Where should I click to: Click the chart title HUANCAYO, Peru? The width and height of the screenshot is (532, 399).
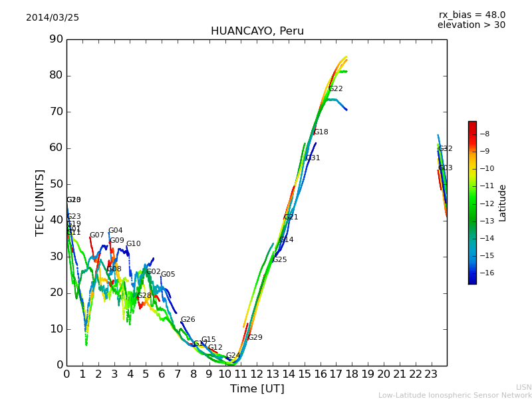[257, 31]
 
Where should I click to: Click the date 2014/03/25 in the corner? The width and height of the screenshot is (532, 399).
[53, 18]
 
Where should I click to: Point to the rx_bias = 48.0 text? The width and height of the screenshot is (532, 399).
[471, 15]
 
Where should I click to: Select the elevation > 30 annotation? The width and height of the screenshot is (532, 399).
[471, 25]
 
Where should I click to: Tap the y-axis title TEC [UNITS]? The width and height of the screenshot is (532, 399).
[41, 202]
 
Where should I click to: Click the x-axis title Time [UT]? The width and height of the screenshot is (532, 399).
[257, 389]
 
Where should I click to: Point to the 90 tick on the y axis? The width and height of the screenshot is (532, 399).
[55, 39]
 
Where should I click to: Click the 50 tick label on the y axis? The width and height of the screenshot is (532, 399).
[55, 184]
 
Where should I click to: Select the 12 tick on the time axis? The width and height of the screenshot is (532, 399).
[257, 374]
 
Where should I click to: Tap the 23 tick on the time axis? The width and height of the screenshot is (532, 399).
[431, 374]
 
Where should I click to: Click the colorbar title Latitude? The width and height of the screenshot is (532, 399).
[503, 203]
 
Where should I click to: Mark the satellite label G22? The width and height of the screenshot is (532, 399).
[336, 89]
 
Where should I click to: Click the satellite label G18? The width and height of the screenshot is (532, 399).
[321, 132]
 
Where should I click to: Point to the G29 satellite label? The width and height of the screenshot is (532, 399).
[255, 338]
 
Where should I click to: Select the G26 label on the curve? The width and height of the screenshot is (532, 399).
[188, 320]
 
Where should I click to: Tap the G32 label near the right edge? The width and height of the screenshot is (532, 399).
[446, 149]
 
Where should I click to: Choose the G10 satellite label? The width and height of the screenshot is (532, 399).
[134, 244]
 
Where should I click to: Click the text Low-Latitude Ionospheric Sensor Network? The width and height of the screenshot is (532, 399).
[455, 395]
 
